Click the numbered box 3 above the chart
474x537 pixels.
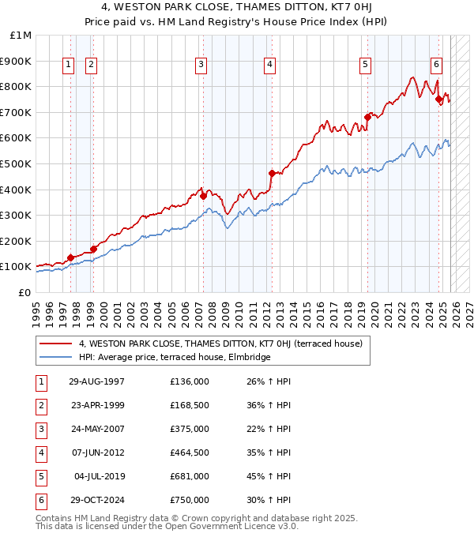[201, 65]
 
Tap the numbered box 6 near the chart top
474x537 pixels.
[436, 65]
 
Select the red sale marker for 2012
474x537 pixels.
[271, 173]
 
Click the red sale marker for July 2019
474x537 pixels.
[367, 117]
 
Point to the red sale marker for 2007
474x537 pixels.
[203, 196]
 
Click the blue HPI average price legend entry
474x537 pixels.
[174, 358]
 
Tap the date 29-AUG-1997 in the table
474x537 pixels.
[96, 381]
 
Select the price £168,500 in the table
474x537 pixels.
[189, 405]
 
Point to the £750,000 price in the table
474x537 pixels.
[189, 500]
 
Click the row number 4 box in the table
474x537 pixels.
[40, 453]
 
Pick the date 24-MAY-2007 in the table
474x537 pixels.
[96, 429]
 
